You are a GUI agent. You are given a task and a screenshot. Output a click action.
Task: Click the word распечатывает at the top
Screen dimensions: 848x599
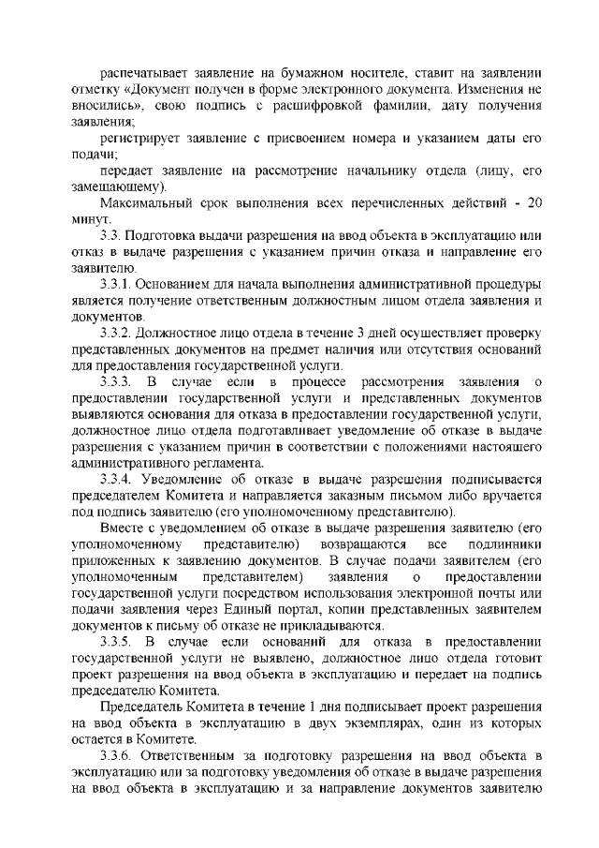point(144,71)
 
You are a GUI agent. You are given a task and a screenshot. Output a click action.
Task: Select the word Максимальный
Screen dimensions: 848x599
point(147,206)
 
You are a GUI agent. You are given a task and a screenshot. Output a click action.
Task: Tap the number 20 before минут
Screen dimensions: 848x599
point(532,206)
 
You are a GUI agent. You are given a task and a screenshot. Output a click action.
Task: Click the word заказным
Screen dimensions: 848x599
point(368,497)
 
